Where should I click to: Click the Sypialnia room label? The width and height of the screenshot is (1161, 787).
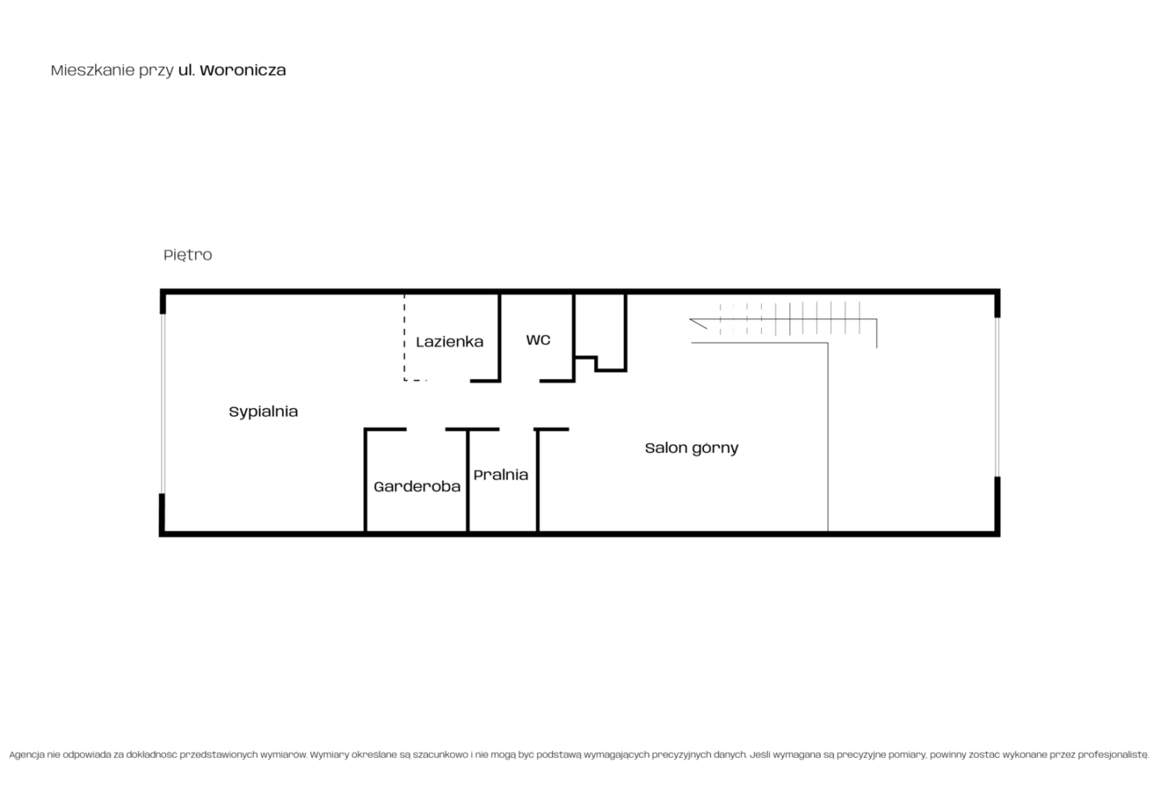(264, 412)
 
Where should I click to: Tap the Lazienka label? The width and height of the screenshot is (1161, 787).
(449, 342)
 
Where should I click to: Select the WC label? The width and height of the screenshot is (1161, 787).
(538, 340)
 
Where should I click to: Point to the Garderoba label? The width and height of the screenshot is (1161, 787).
(417, 486)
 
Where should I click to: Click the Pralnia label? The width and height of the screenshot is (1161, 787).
(501, 474)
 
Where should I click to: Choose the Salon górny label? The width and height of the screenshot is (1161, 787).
(692, 448)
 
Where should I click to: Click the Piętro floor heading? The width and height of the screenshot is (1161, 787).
(188, 255)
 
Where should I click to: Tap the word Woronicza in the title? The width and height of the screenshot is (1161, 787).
(243, 70)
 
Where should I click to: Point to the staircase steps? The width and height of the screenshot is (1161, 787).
(789, 319)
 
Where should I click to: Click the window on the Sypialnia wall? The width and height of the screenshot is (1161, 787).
(163, 403)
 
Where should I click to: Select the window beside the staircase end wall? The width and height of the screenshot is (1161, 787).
(997, 398)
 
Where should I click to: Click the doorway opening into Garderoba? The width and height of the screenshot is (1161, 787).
(426, 429)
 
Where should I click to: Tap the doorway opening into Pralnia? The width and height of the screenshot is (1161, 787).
(517, 429)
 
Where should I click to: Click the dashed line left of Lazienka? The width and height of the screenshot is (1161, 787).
(405, 338)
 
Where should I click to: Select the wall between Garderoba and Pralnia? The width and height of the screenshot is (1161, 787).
(468, 481)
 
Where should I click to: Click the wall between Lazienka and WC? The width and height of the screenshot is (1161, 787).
(500, 338)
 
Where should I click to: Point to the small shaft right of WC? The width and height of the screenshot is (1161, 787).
(601, 332)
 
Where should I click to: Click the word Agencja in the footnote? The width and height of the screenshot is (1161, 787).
(27, 755)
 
